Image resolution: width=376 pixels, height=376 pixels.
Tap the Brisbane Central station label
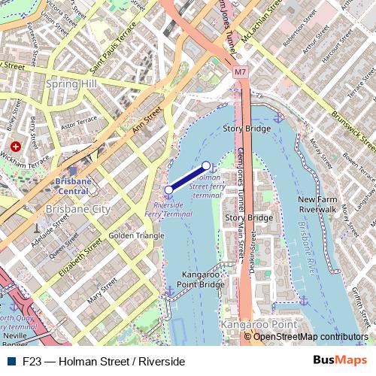(x=73, y=186)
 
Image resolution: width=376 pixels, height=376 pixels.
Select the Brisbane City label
(x=77, y=208)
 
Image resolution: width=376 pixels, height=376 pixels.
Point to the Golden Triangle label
(x=136, y=235)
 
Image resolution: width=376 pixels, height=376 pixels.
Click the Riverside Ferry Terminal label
(x=172, y=209)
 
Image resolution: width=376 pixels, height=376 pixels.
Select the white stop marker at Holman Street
(x=207, y=165)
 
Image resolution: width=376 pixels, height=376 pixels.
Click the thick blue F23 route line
(x=187, y=177)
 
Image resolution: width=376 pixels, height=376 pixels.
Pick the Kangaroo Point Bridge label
(x=202, y=280)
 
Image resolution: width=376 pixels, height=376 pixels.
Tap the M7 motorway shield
(x=240, y=73)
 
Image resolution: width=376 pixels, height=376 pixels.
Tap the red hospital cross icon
(x=15, y=146)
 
